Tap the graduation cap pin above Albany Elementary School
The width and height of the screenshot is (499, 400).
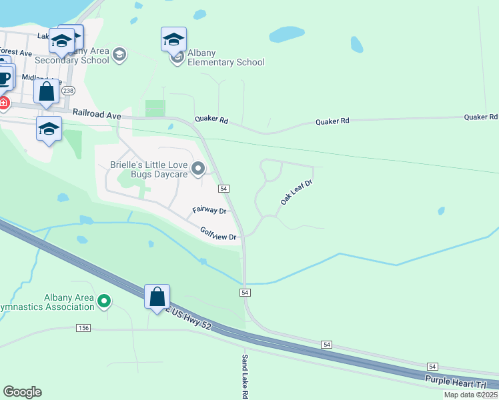click(x=173, y=40)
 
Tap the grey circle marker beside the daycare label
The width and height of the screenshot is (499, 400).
click(x=198, y=169)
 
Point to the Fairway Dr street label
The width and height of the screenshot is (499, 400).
click(x=209, y=210)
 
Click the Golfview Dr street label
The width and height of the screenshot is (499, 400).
click(x=219, y=233)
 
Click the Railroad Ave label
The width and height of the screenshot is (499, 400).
click(x=97, y=115)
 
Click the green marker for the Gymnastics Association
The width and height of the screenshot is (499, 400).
click(x=103, y=302)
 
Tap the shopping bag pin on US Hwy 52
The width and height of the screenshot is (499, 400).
click(x=157, y=297)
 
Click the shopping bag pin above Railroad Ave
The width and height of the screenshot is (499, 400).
click(x=46, y=91)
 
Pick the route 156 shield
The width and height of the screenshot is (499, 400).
click(x=83, y=328)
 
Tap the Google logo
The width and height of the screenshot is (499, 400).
click(x=23, y=392)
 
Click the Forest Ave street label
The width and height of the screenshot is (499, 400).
click(x=16, y=52)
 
